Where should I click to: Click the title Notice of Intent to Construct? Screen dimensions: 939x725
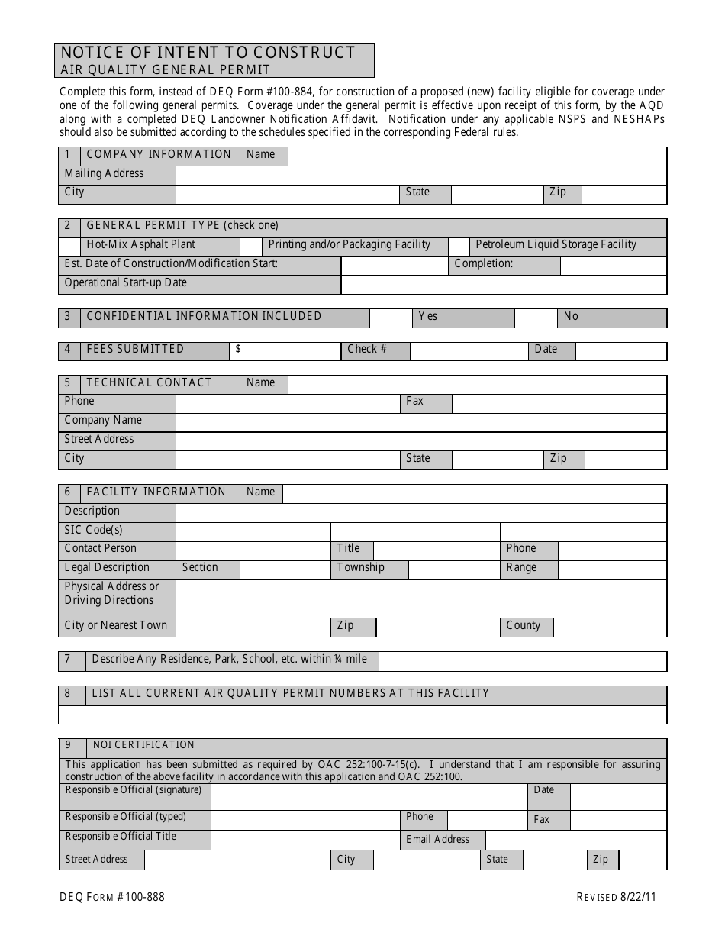(x=208, y=53)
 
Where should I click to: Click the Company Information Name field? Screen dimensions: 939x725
(x=477, y=156)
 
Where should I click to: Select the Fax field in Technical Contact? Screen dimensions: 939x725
(x=559, y=403)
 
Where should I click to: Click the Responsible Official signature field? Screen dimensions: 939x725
(x=369, y=796)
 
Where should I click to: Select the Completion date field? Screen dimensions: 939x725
(x=613, y=265)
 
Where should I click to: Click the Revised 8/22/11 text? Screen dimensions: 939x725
(x=616, y=897)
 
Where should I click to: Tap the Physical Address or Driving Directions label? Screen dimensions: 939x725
(x=112, y=594)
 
